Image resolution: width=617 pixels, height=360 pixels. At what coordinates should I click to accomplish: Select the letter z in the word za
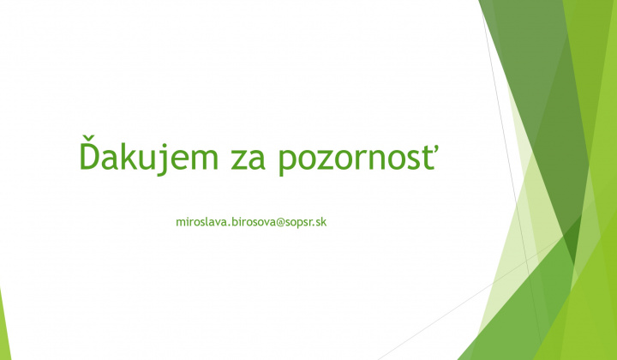coord(241,160)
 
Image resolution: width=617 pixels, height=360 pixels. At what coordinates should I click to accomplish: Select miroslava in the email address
coord(202,222)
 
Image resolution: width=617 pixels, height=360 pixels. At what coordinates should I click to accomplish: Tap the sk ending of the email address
coord(323,222)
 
